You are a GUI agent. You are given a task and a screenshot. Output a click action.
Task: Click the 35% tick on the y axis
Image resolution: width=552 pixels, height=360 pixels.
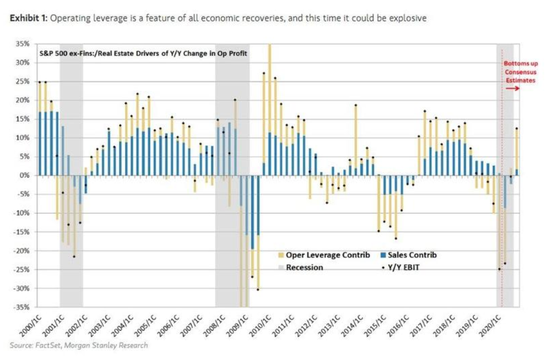[23, 44]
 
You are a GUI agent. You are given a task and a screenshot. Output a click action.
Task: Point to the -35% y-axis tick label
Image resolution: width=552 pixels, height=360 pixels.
[22, 307]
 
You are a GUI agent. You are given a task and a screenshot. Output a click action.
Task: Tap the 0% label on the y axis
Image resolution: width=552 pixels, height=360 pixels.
[26, 175]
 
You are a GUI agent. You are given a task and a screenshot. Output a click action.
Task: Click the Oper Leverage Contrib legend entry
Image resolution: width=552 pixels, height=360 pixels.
[327, 255]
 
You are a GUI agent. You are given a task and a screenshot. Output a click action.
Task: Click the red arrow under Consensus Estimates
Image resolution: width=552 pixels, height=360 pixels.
[512, 89]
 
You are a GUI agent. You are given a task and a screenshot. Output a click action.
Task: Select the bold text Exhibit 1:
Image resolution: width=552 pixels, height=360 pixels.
[28, 18]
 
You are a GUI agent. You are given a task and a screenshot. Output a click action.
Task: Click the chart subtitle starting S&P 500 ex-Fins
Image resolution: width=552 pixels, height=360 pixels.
[143, 53]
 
